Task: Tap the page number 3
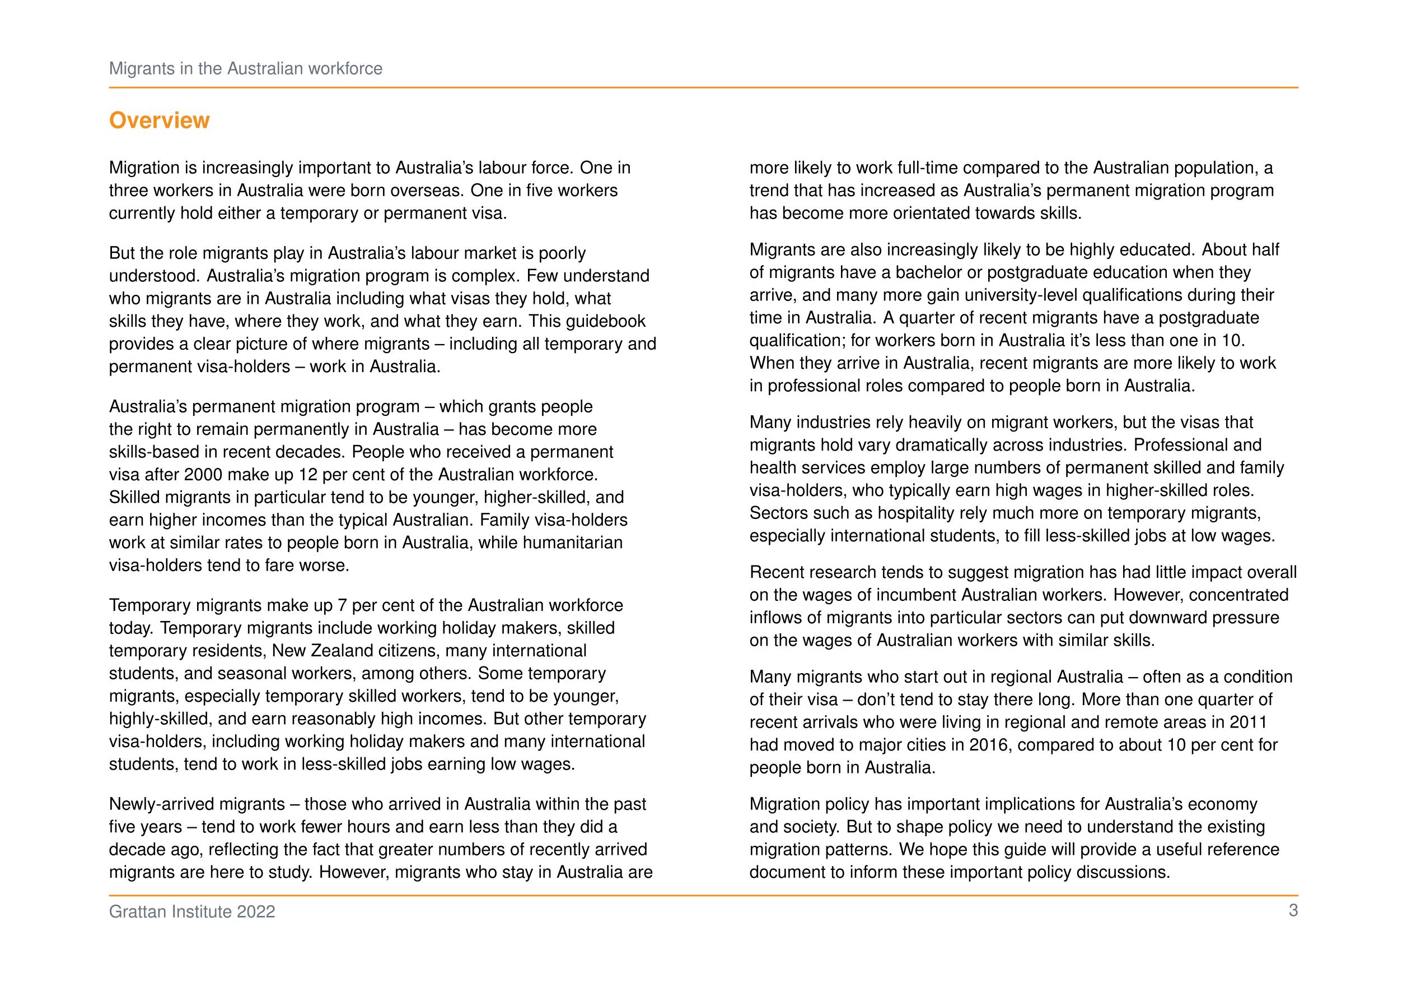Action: pyautogui.click(x=1293, y=911)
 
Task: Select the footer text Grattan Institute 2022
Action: pyautogui.click(x=192, y=912)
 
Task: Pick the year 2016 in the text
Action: pyautogui.click(x=988, y=744)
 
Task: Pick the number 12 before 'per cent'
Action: pyautogui.click(x=307, y=475)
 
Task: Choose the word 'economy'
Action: pyautogui.click(x=1223, y=804)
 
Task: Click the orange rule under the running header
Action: pyautogui.click(x=703, y=87)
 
